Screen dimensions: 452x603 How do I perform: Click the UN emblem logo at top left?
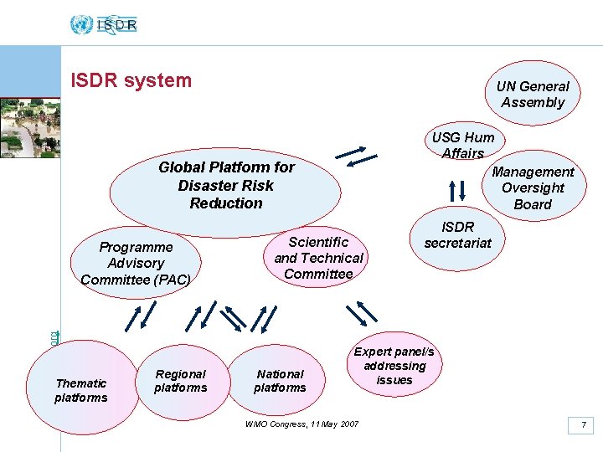(80, 24)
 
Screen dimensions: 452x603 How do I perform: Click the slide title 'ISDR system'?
(131, 80)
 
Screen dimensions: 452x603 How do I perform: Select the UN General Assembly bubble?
(533, 95)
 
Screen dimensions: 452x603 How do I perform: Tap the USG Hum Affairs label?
(463, 145)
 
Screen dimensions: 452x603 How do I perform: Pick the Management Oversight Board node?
(533, 187)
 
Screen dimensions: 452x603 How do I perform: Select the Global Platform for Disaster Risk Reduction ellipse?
(225, 185)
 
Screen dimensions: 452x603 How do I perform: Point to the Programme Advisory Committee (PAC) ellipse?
(136, 263)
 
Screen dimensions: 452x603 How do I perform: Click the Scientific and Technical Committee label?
(318, 258)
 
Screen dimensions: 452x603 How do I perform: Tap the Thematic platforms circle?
(81, 390)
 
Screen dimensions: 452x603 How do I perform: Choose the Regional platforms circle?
(181, 381)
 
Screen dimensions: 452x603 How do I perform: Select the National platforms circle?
(280, 381)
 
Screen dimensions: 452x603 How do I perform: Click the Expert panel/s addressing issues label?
(394, 366)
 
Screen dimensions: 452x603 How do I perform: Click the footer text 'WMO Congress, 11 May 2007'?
(301, 424)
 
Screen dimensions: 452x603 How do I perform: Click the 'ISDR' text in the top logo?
(117, 25)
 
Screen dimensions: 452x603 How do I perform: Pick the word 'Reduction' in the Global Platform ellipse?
(226, 203)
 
